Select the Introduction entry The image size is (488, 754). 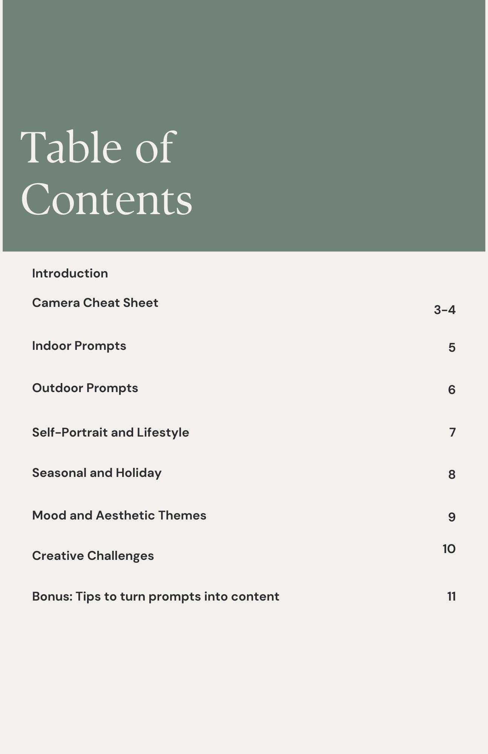pyautogui.click(x=70, y=273)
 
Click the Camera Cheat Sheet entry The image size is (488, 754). pyautogui.click(x=95, y=303)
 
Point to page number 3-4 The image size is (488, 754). pyautogui.click(x=445, y=310)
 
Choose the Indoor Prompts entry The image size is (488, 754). pyautogui.click(x=79, y=346)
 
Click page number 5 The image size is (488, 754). pyautogui.click(x=452, y=347)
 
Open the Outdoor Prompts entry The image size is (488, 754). pyautogui.click(x=85, y=388)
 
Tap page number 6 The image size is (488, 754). pyautogui.click(x=452, y=389)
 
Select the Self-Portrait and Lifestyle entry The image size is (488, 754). pyautogui.click(x=110, y=432)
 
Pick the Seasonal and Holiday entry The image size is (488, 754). pyautogui.click(x=97, y=473)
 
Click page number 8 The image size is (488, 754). pyautogui.click(x=452, y=474)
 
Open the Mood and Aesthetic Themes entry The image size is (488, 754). pyautogui.click(x=119, y=515)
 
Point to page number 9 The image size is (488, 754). pyautogui.click(x=452, y=517)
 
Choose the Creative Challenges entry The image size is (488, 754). pyautogui.click(x=93, y=556)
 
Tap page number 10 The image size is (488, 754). pyautogui.click(x=449, y=549)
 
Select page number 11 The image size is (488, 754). pyautogui.click(x=451, y=596)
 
